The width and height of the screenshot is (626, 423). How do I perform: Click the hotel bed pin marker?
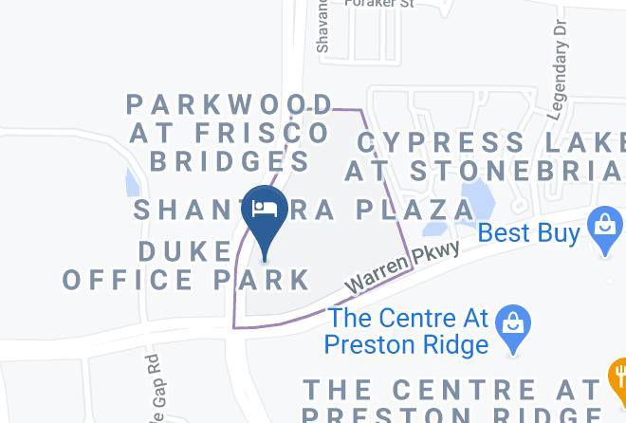[265, 211]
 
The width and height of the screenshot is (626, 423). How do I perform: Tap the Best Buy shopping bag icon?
[604, 229]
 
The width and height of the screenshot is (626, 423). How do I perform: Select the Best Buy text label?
[529, 232]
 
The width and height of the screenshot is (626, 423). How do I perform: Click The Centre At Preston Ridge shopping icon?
[512, 322]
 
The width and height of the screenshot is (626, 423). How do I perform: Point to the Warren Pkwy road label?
[402, 267]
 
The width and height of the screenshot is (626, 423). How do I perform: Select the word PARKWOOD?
[230, 103]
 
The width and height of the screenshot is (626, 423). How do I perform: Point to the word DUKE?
[185, 251]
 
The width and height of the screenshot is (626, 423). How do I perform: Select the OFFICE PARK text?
[187, 280]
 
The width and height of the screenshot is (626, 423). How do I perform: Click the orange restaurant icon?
[617, 380]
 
